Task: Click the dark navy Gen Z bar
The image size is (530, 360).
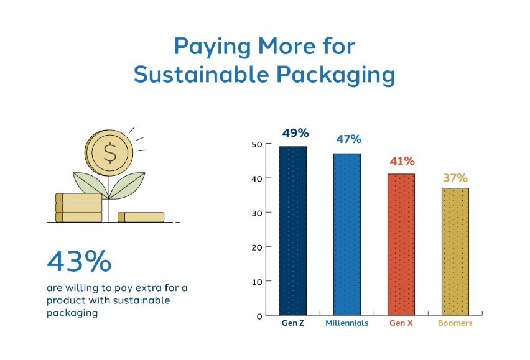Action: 293,231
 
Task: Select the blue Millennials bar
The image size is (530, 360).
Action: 346,234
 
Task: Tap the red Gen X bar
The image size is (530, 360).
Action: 401,244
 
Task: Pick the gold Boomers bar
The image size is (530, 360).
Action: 455,252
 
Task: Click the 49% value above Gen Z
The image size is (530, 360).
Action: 295,133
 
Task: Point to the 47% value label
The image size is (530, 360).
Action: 348,139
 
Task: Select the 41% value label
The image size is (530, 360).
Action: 402,161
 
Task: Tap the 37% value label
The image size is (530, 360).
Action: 455,178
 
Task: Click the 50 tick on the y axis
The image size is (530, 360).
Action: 257,144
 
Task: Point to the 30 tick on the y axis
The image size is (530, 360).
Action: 257,213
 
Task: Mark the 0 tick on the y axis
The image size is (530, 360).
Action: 259,316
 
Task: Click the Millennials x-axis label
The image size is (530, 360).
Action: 346,323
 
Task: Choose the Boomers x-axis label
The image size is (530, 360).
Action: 455,323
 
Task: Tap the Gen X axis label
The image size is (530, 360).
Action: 401,323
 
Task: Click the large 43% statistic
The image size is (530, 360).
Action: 79,261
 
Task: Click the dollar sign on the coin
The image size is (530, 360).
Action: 110,153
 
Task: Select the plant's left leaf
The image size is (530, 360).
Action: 91,184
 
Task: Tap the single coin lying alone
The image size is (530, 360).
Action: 141,217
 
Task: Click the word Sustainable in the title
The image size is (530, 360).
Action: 202,74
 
